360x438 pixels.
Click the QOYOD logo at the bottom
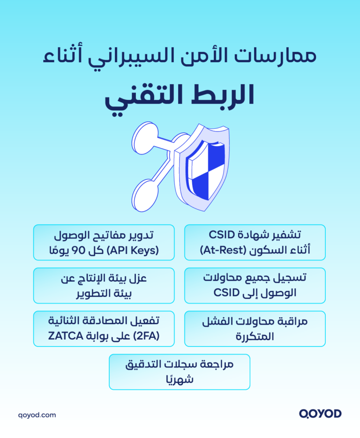pyautogui.click(x=320, y=414)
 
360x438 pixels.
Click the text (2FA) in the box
pyautogui.click(x=146, y=336)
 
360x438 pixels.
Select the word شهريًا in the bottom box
pyautogui.click(x=180, y=379)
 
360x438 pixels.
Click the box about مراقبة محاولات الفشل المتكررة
pyautogui.click(x=255, y=329)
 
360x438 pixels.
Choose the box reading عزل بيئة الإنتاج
pyautogui.click(x=104, y=286)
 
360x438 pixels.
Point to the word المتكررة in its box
pyautogui.click(x=255, y=336)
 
